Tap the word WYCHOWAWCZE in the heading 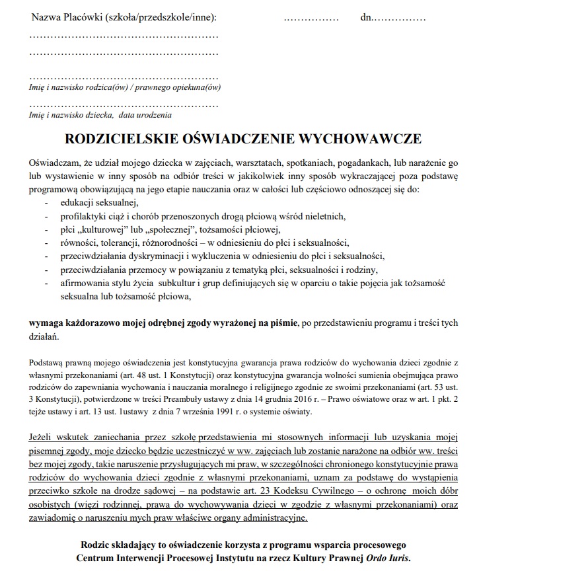361,139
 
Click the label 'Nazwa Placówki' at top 66,17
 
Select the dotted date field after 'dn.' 400,18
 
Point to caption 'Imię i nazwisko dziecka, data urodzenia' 100,115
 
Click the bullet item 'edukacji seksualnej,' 98,202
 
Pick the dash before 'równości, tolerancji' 46,243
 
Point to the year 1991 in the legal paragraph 226,412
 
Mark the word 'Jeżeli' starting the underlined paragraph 41,438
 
